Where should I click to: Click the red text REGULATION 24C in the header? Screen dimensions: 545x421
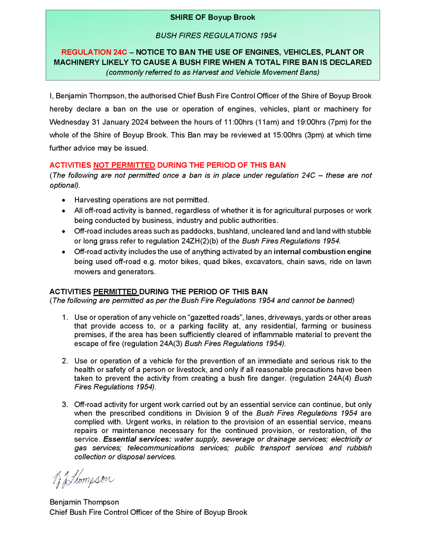94,52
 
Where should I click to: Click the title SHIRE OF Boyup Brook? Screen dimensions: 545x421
212,17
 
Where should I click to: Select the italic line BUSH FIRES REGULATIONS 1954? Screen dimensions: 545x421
216,36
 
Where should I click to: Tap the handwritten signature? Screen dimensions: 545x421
83,479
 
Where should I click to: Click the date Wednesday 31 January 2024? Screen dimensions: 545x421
99,122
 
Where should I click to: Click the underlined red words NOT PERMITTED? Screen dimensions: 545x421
124,165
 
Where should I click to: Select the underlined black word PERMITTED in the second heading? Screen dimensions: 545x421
115,292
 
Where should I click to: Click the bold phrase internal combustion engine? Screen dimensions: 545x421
322,252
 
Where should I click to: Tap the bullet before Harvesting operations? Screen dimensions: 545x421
63,200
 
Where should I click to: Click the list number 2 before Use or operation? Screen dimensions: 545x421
65,361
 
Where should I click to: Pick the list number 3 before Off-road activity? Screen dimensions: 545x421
65,404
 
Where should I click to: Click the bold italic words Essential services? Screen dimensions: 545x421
137,439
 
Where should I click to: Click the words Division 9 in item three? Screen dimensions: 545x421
212,413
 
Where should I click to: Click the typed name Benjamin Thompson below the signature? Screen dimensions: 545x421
84,502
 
